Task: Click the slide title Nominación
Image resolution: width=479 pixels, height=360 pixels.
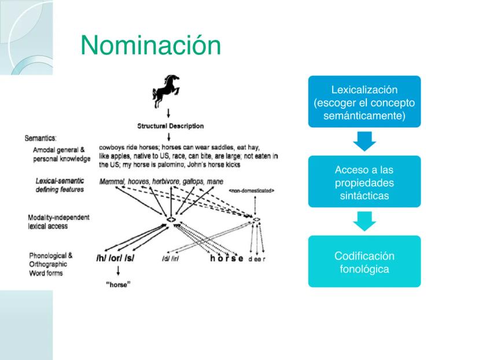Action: point(150,45)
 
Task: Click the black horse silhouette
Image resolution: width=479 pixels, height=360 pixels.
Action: point(166,91)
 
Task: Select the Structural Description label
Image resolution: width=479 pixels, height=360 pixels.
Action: point(171,126)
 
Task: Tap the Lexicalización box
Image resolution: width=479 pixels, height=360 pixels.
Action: point(364,102)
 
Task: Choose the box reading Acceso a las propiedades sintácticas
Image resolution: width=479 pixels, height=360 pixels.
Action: point(364,182)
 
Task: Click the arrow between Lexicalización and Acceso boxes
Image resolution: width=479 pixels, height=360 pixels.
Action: point(364,141)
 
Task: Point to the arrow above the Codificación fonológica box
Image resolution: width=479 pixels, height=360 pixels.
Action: point(364,221)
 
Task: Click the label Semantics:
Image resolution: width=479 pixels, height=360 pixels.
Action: point(40,138)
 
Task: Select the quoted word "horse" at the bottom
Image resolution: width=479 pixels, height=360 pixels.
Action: point(118,285)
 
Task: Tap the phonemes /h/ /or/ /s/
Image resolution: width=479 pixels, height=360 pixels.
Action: point(115,258)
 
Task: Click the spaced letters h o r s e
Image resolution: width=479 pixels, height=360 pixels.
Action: point(227,259)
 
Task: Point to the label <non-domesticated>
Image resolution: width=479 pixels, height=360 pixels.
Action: point(252,190)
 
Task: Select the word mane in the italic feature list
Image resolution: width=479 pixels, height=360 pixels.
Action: point(215,182)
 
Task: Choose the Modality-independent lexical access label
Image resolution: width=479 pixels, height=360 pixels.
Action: point(58,222)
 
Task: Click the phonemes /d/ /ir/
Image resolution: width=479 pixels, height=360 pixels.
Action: point(171,259)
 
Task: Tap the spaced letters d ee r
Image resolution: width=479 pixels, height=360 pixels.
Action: point(257,259)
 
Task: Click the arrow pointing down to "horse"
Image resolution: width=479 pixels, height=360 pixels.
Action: point(118,271)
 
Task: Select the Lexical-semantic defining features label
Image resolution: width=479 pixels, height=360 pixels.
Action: point(60,185)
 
